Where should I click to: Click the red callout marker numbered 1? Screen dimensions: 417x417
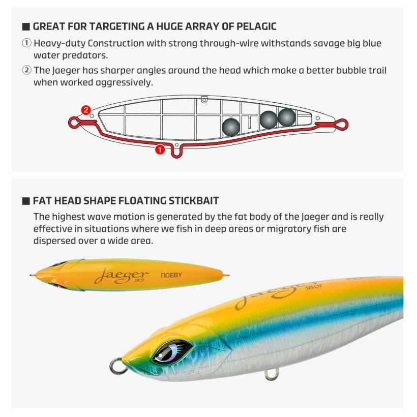pos(160,150)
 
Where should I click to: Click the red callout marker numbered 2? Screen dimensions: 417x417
pos(86,110)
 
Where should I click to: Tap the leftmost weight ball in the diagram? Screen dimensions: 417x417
pos(231,127)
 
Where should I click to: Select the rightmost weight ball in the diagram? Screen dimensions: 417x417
pos(287,117)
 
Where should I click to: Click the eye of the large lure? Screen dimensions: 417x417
pos(172,351)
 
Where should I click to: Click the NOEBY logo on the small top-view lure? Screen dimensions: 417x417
pos(171,275)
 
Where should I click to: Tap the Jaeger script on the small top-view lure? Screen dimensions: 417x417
pos(122,276)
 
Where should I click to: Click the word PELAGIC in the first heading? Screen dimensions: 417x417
pos(256,26)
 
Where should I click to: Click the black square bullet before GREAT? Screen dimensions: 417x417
pos(26,26)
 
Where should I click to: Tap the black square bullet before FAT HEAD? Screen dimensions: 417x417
pos(26,201)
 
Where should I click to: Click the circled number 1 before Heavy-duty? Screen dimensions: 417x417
pos(26,43)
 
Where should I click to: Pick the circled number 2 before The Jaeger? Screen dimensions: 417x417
pos(26,70)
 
